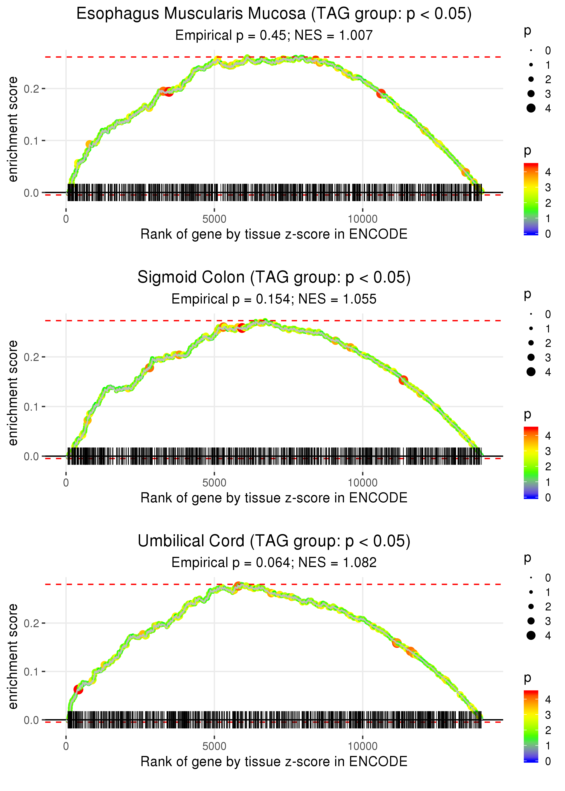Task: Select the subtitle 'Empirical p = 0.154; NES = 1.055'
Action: pos(274,299)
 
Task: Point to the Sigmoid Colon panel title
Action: pos(274,278)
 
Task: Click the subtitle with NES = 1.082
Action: pos(274,563)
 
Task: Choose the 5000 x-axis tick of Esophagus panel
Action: pos(214,219)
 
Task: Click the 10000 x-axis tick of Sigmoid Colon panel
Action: pos(363,483)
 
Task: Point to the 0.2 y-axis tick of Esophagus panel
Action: pos(31,89)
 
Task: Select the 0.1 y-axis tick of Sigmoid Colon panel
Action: pos(31,407)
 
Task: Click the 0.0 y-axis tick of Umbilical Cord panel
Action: pos(31,720)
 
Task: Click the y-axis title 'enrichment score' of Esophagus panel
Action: pos(13,129)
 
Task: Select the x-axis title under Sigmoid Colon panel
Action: pos(274,498)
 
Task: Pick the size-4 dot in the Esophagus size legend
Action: pos(531,108)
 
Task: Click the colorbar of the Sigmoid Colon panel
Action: pos(531,462)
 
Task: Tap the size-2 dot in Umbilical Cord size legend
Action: pos(531,606)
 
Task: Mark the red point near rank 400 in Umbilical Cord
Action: pos(78,689)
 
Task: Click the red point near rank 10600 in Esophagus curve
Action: pos(381,93)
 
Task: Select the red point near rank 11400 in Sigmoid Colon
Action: pos(403,380)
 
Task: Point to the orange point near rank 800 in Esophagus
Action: pos(89,144)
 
